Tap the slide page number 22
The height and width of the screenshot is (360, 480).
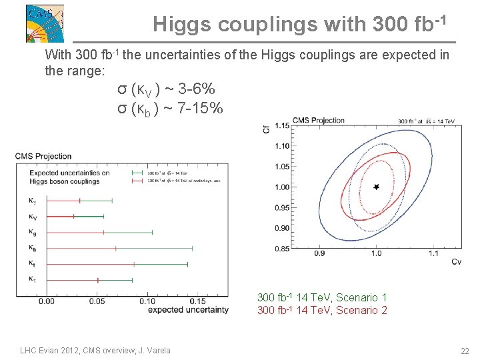(464, 351)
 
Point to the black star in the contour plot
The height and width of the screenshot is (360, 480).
(376, 187)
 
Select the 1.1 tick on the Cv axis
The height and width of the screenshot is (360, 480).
(433, 253)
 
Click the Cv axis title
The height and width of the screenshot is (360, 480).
(456, 262)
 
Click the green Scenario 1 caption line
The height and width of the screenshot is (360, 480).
(322, 297)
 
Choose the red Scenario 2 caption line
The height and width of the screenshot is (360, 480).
(322, 310)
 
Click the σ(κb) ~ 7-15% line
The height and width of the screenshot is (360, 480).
(170, 107)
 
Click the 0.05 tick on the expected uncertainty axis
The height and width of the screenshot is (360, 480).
(97, 301)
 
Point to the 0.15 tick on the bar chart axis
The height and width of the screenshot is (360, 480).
(197, 301)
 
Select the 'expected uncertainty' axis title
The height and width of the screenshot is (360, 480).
(187, 309)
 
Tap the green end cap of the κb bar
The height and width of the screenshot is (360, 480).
(193, 248)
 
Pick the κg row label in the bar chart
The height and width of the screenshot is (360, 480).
(33, 232)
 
